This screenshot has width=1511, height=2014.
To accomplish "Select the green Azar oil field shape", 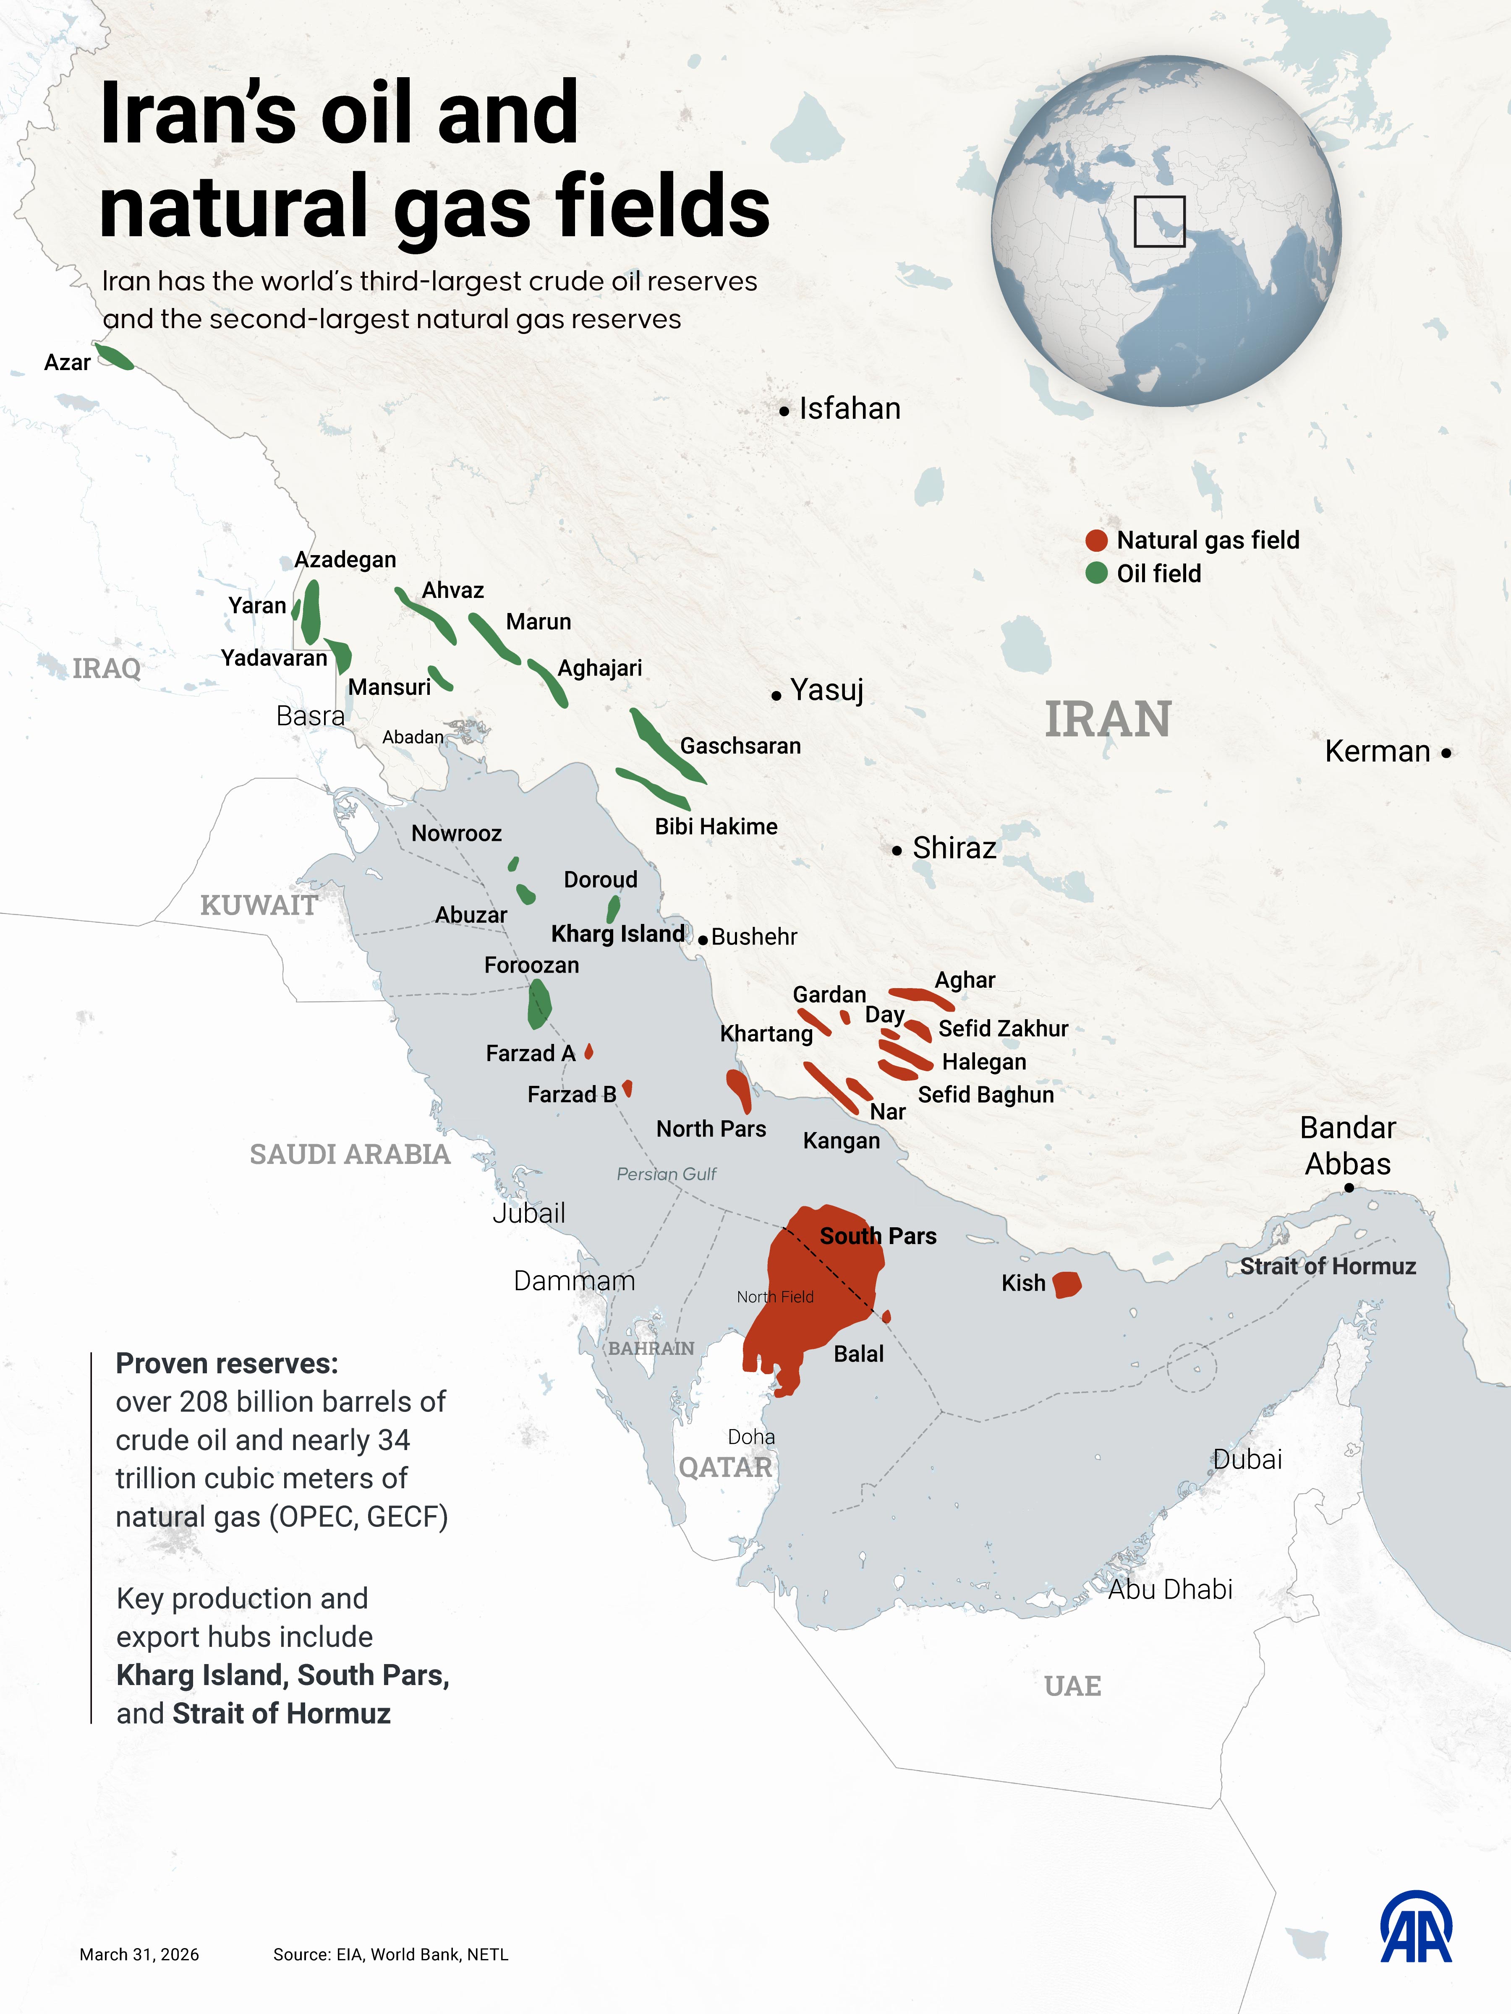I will pyautogui.click(x=115, y=357).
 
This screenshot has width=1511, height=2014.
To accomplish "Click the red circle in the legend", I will pyautogui.click(x=1097, y=541).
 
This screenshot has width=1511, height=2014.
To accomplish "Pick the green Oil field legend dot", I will pyautogui.click(x=1097, y=574).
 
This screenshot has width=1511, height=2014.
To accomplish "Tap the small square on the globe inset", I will pyautogui.click(x=1159, y=221).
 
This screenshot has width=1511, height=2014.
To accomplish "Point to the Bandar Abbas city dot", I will pyautogui.click(x=1349, y=1187).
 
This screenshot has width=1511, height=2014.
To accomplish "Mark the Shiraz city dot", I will pyautogui.click(x=897, y=850).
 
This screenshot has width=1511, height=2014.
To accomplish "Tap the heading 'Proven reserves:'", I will pyautogui.click(x=227, y=1364).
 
